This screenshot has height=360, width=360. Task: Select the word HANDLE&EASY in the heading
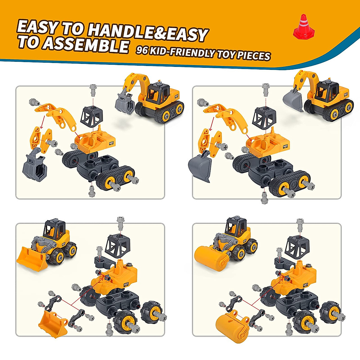148,32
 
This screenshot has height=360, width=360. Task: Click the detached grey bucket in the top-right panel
200,166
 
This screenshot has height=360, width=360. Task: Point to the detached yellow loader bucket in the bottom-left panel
52,324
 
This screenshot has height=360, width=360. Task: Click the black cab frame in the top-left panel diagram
92,116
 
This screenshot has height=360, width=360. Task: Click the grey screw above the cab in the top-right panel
266,89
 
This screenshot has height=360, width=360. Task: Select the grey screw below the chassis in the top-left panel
92,191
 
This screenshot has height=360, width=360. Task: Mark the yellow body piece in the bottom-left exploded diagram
118,277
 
